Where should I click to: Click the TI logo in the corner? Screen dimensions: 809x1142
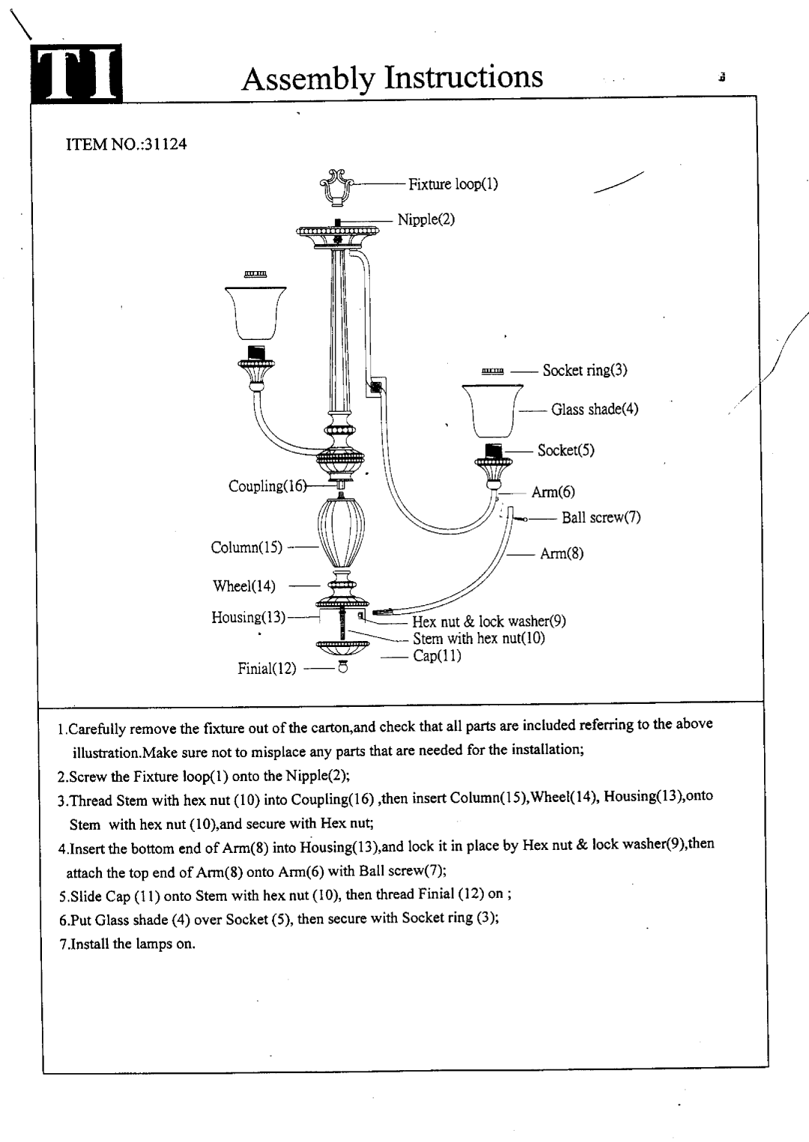point(76,73)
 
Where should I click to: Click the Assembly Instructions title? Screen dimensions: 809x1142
point(393,78)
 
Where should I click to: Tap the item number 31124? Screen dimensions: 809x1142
point(166,145)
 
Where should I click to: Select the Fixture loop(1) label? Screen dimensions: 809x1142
point(453,184)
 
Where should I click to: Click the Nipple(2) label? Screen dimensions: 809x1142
point(426,219)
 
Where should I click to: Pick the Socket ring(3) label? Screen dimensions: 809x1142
point(584,370)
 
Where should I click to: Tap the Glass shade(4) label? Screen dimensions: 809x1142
point(595,409)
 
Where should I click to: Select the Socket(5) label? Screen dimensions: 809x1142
point(566,450)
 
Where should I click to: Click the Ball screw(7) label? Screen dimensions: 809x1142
point(601,517)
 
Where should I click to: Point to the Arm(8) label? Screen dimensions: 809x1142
point(562,553)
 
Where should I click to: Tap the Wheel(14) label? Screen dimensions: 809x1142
point(243,586)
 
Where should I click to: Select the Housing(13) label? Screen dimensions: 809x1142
point(249,617)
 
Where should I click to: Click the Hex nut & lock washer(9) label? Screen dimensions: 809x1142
point(489,622)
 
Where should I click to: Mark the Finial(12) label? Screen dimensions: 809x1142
point(267,669)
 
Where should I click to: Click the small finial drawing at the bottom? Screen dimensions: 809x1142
point(343,666)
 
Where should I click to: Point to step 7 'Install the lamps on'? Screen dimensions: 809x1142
point(127,944)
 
